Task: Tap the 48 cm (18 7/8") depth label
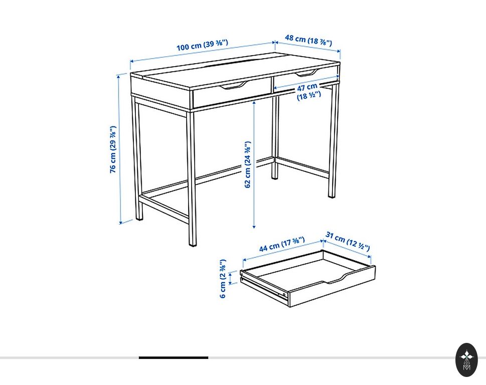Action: (308, 40)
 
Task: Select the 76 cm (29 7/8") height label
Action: (113, 149)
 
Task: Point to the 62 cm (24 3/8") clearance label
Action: (247, 164)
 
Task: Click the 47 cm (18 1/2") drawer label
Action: (308, 91)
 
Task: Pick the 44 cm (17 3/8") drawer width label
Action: (282, 244)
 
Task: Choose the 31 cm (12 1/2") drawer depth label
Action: (348, 241)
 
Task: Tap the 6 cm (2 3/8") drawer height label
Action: (223, 279)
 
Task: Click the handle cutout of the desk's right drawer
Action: (306, 73)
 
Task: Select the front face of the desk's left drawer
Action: (232, 92)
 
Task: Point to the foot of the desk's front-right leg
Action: (193, 243)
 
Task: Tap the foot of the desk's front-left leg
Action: (139, 217)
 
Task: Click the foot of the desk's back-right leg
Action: (332, 195)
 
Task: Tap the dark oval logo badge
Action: (466, 360)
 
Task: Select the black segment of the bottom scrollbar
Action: (173, 358)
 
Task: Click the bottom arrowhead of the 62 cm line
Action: (254, 227)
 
